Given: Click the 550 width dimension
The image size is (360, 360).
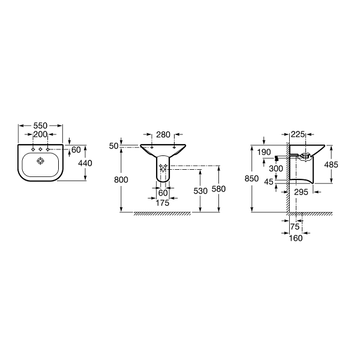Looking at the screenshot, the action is click(x=40, y=125).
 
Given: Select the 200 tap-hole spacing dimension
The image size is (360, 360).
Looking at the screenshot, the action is click(x=40, y=134).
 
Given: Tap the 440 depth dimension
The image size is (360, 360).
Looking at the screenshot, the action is click(x=85, y=163).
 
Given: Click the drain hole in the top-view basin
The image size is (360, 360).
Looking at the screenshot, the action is click(x=40, y=161).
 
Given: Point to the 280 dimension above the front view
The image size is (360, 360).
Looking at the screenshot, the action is click(x=163, y=134).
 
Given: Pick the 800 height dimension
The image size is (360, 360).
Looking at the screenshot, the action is click(x=121, y=180).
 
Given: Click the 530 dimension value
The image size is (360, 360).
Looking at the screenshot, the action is click(x=200, y=191).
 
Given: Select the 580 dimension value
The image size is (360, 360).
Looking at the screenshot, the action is click(x=218, y=189).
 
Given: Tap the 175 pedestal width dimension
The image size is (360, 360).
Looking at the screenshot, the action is click(x=163, y=203).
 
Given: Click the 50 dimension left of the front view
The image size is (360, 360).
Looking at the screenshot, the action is click(x=113, y=146).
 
